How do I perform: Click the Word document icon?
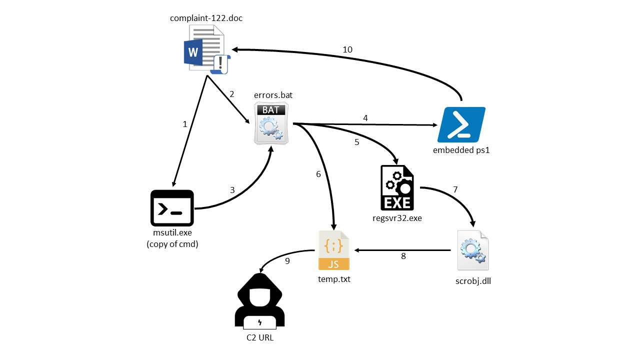[206, 50]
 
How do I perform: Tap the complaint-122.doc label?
[206, 18]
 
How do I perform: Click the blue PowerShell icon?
[461, 124]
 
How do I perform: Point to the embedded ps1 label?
[461, 150]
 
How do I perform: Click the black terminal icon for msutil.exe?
[172, 207]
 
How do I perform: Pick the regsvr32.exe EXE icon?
[397, 187]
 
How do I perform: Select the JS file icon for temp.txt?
[334, 250]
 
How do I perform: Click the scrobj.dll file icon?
[473, 251]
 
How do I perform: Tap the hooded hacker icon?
[259, 302]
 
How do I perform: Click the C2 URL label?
[260, 337]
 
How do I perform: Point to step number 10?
[347, 49]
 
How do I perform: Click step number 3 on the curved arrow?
[232, 190]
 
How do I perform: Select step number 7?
[455, 190]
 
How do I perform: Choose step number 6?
[318, 174]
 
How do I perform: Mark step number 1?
[185, 124]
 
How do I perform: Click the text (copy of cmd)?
[172, 244]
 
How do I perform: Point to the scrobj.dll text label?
[473, 280]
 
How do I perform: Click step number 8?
[403, 256]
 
